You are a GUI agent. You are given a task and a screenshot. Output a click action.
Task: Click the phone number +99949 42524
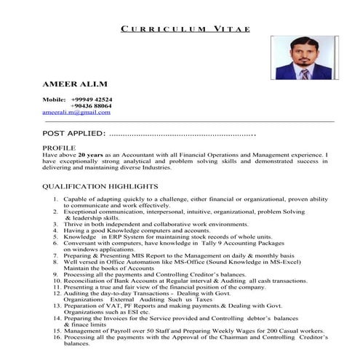pyautogui.click(x=92, y=99)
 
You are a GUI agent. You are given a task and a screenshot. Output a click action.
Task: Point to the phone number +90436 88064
pyautogui.click(x=92, y=106)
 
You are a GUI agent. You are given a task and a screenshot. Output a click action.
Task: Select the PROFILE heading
pyautogui.click(x=59, y=148)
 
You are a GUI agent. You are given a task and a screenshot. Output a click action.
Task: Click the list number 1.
pyautogui.click(x=56, y=199)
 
